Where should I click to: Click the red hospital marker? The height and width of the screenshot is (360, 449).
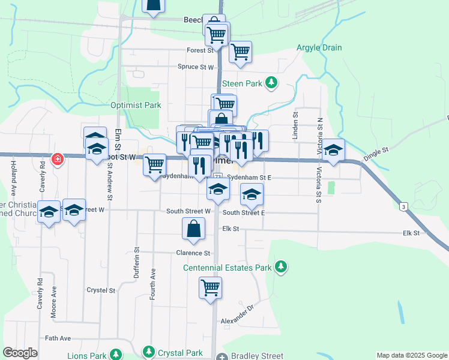click(58, 160)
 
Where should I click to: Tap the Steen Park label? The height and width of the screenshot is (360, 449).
click(242, 83)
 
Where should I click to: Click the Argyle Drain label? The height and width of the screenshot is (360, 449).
click(319, 48)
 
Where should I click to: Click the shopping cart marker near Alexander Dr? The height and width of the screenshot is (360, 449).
click(211, 288)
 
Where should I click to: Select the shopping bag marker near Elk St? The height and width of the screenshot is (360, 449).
click(193, 229)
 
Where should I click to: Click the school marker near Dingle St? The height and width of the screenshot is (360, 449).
click(334, 150)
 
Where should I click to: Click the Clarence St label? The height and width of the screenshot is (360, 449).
click(193, 253)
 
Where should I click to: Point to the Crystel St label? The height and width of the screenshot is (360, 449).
click(101, 290)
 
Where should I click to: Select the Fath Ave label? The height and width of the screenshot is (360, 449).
click(58, 338)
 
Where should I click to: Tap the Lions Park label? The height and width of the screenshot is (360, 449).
click(87, 355)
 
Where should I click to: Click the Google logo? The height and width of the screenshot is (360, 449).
click(20, 353)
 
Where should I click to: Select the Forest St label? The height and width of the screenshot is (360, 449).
click(200, 50)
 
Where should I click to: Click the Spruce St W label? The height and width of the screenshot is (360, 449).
click(196, 67)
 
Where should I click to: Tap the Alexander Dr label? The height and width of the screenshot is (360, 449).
click(238, 323)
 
